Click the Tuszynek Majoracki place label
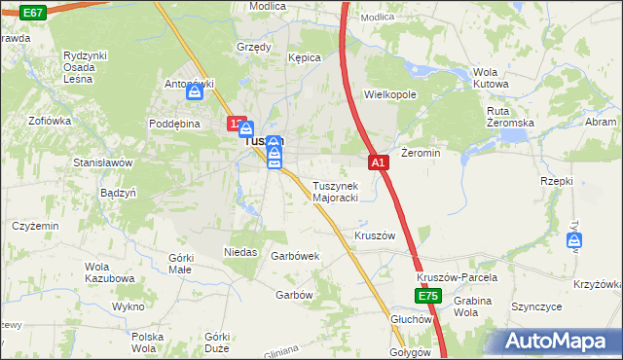point(336,192)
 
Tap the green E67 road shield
point(32,12)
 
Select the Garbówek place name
point(296,256)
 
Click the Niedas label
point(240,252)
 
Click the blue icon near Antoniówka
point(195,93)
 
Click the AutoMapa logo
point(559,341)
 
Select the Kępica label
point(304,58)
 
